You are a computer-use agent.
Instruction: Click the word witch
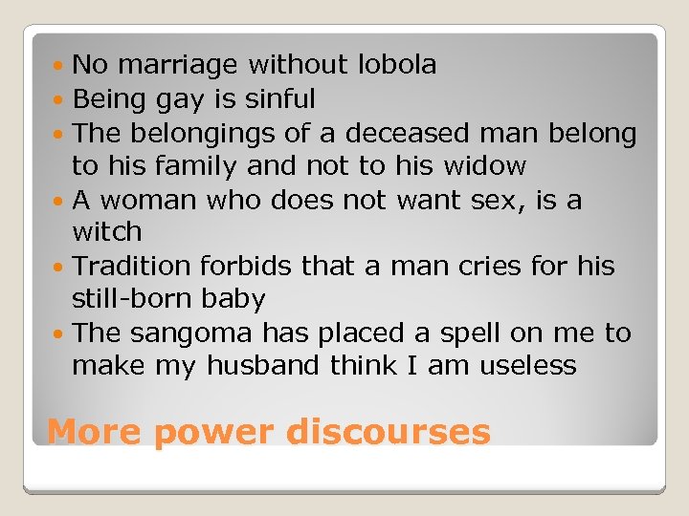coord(107,232)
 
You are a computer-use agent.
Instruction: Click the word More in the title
coord(94,432)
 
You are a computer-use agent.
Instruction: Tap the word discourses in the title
coord(389,432)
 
